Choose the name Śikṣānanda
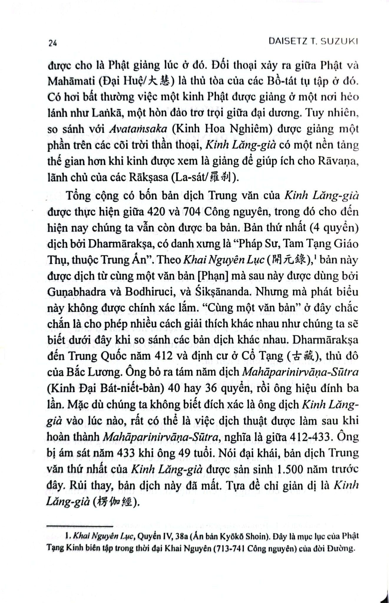(x=216, y=291)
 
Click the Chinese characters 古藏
(x=303, y=356)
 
